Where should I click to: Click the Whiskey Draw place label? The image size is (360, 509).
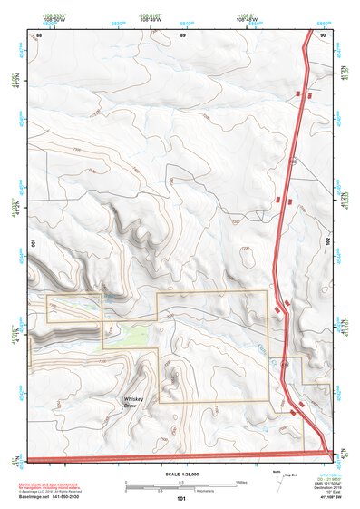[x=135, y=401]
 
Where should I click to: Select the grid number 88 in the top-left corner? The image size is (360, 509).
[x=38, y=34]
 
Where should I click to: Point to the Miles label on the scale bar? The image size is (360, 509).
[x=240, y=481]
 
